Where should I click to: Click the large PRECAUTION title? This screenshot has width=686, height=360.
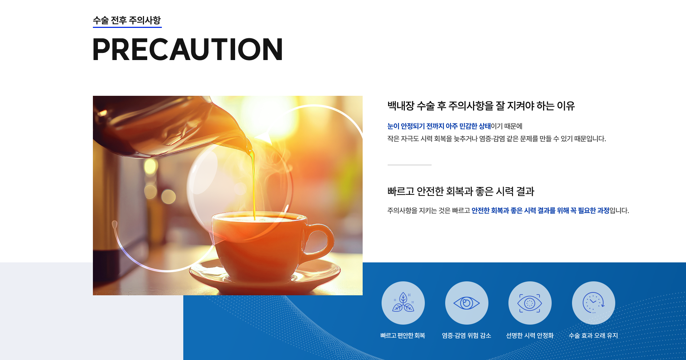pyautogui.click(x=188, y=49)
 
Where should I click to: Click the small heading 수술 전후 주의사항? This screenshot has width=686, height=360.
pyautogui.click(x=127, y=20)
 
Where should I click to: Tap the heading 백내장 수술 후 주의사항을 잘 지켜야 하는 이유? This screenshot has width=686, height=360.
pyautogui.click(x=481, y=106)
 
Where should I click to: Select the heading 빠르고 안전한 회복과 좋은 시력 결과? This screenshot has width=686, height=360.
pyautogui.click(x=461, y=191)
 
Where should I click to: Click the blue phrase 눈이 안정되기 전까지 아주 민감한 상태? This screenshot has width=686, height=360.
pyautogui.click(x=439, y=126)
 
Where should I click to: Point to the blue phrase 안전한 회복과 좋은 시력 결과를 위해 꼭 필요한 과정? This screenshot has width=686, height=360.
pyautogui.click(x=540, y=211)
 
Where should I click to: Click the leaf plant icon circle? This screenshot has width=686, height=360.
pyautogui.click(x=403, y=303)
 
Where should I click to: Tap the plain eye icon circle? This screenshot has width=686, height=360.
pyautogui.click(x=467, y=303)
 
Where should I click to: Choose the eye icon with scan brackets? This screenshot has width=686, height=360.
pyautogui.click(x=530, y=303)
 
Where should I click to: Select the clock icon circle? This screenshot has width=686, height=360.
pyautogui.click(x=593, y=303)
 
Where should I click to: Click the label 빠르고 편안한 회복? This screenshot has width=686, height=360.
pyautogui.click(x=403, y=335)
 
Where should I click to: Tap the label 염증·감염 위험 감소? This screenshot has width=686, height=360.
pyautogui.click(x=466, y=335)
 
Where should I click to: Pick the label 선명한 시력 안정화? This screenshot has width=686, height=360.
pyautogui.click(x=530, y=335)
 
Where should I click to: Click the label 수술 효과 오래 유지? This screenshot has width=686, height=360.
pyautogui.click(x=593, y=335)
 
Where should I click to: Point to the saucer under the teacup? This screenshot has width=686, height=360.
pyautogui.click(x=265, y=277)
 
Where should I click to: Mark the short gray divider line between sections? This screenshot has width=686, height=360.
pyautogui.click(x=409, y=165)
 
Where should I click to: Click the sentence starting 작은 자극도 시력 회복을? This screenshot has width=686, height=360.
pyautogui.click(x=497, y=139)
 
